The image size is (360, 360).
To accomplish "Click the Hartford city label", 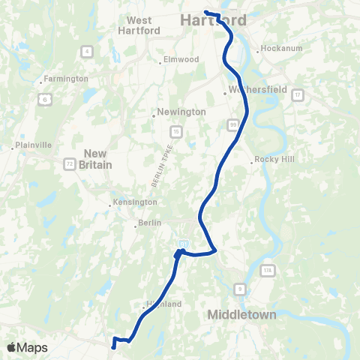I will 206,22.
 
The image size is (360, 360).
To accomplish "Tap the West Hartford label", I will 140,25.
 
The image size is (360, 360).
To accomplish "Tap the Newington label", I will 181,112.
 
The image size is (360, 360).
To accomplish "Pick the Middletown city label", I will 241,314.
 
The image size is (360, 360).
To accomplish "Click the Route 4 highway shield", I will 88,51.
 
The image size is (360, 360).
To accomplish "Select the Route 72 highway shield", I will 69,163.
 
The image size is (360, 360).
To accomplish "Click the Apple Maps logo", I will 28,347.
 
